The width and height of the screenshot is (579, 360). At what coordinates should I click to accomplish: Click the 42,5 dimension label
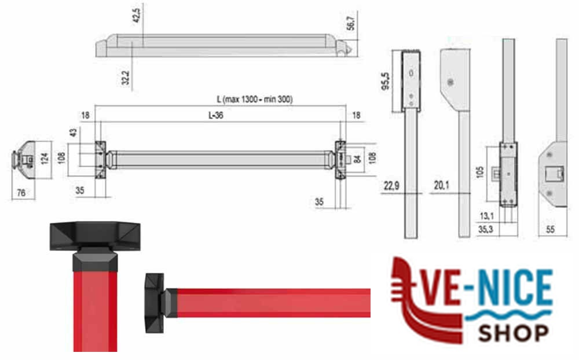pyautogui.click(x=136, y=16)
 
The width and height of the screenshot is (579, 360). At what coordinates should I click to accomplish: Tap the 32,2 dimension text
pyautogui.click(x=126, y=78)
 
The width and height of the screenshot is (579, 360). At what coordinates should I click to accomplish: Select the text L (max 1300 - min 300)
pyautogui.click(x=255, y=100)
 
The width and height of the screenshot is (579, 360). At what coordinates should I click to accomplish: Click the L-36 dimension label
pyautogui.click(x=216, y=115)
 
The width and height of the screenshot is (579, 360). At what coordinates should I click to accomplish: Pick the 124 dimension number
pyautogui.click(x=45, y=159)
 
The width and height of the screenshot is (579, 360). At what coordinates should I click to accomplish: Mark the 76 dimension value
pyautogui.click(x=21, y=192)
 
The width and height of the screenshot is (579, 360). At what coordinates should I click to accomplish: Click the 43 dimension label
pyautogui.click(x=73, y=132)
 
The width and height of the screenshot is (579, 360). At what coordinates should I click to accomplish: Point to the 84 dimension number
pyautogui.click(x=357, y=159)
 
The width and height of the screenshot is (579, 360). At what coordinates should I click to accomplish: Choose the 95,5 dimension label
pyautogui.click(x=385, y=81)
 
